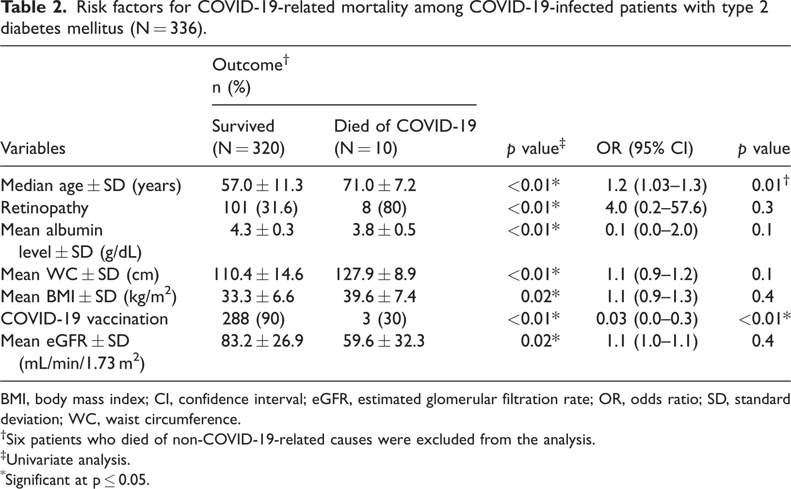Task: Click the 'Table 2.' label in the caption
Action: pos(33,7)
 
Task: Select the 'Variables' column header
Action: pos(33,148)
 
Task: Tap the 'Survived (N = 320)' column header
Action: pos(248,137)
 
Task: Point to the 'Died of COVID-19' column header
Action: pos(405,126)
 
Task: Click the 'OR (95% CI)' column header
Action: pos(645,149)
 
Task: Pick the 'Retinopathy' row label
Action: pos(45,208)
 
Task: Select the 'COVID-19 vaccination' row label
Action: pos(84,319)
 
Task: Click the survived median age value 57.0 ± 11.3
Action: pos(262,185)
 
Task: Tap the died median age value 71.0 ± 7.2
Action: pos(380,185)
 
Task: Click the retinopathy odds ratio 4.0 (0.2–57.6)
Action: pos(656,208)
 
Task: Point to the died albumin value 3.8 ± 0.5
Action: pos(384,230)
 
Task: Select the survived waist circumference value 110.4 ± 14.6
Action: pos(258,275)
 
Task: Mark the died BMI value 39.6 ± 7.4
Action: pos(380,297)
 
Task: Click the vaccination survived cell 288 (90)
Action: pos(254,319)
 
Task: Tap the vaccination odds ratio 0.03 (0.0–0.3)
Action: pos(647,319)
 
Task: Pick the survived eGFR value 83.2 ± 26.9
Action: pos(262,342)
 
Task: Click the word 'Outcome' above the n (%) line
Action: pos(247,65)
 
